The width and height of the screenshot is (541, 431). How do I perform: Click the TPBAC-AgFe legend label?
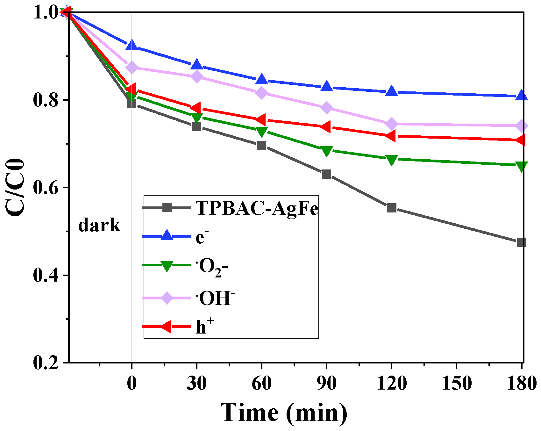257,209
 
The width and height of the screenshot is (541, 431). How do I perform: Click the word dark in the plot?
99,226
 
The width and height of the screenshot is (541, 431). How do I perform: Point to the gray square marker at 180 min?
521,242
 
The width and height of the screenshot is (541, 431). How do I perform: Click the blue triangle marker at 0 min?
132,46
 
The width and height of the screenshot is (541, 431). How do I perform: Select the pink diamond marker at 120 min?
391,124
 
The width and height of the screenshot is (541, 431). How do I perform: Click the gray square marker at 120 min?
391,208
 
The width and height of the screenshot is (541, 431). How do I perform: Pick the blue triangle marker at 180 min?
521,95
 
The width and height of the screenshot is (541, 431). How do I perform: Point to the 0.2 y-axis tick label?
46,363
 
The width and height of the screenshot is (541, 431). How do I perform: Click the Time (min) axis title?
283,413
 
